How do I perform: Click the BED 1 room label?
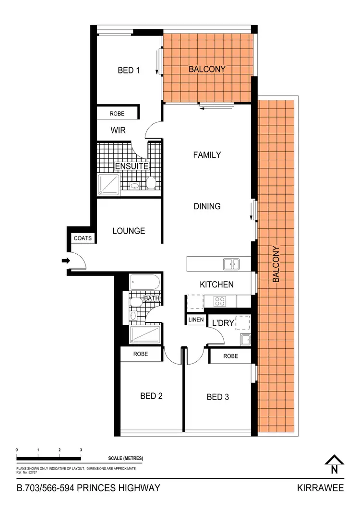click(x=129, y=71)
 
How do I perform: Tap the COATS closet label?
click(x=83, y=238)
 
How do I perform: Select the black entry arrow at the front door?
click(x=66, y=260)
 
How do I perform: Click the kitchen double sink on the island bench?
click(x=231, y=263)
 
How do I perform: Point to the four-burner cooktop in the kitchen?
click(x=220, y=301)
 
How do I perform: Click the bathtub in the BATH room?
click(x=144, y=282)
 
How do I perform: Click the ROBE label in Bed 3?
click(x=230, y=356)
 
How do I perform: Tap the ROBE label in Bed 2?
click(x=141, y=355)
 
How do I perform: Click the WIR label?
click(x=118, y=130)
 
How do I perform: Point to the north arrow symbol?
click(x=334, y=465)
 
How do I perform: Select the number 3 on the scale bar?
click(x=81, y=450)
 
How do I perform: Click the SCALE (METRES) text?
click(x=125, y=458)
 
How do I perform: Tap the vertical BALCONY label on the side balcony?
click(x=276, y=264)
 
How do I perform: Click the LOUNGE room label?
click(x=129, y=231)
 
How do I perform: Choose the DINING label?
click(x=207, y=206)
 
